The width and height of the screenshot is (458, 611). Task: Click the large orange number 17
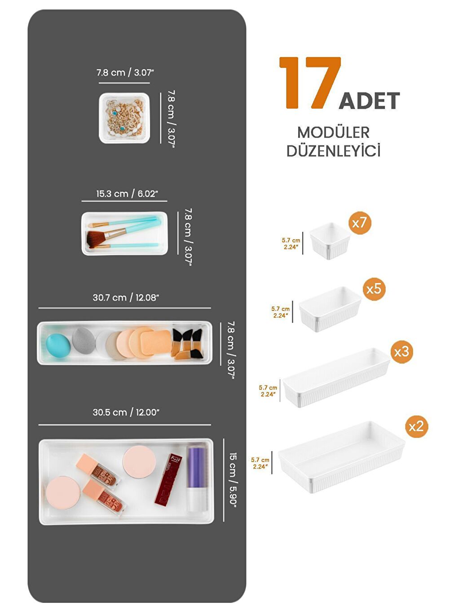(x=310, y=83)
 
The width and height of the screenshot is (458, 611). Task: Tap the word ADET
(x=369, y=101)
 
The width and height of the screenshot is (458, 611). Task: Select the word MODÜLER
(x=333, y=133)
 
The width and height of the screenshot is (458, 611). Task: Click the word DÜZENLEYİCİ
(x=333, y=151)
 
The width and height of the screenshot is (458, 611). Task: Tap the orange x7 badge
(x=359, y=222)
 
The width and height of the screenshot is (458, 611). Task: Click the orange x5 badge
(x=374, y=288)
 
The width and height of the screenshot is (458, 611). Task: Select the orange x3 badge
(x=401, y=351)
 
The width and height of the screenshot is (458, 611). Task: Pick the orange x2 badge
(x=416, y=426)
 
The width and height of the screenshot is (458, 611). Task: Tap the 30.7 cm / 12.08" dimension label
(x=126, y=297)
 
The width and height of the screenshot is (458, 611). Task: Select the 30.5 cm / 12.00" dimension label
(x=126, y=412)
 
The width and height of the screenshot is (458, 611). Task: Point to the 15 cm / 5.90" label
(x=233, y=479)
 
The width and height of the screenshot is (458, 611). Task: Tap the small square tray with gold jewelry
(x=124, y=118)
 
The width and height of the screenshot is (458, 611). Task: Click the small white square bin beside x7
(x=330, y=241)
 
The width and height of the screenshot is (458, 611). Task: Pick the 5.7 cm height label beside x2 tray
(x=260, y=463)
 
